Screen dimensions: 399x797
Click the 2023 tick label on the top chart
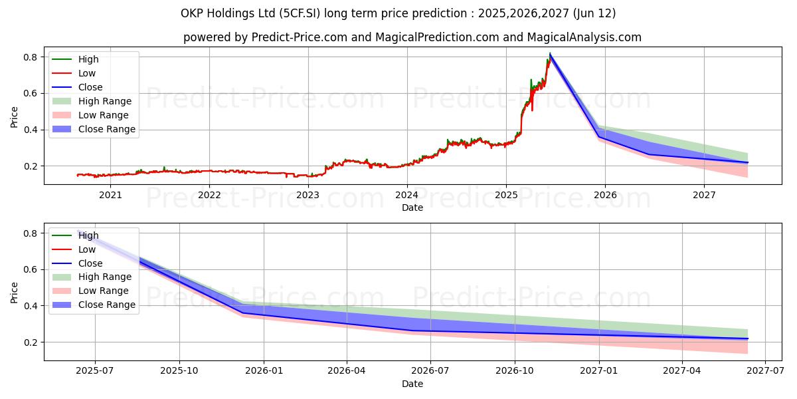click(x=308, y=195)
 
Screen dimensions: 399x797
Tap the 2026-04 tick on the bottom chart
click(x=347, y=371)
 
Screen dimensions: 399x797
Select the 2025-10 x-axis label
click(x=179, y=371)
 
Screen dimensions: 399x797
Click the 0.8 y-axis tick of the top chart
click(x=31, y=57)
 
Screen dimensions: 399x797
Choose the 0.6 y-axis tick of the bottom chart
click(x=31, y=270)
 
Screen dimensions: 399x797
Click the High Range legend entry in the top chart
click(x=105, y=101)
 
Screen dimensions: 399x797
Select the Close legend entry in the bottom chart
click(x=90, y=263)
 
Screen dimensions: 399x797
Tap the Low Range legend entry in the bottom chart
click(x=104, y=291)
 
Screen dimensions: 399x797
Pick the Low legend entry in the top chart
click(x=87, y=73)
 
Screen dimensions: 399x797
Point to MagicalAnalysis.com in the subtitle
click(x=584, y=37)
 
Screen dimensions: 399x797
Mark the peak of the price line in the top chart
click(x=550, y=54)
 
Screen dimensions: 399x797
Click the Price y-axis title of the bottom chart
click(x=15, y=292)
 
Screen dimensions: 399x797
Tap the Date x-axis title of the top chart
click(x=412, y=207)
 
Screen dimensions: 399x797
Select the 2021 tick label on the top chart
click(x=110, y=195)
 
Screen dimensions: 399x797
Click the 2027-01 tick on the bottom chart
click(x=599, y=371)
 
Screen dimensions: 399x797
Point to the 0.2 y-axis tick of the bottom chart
click(x=31, y=342)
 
